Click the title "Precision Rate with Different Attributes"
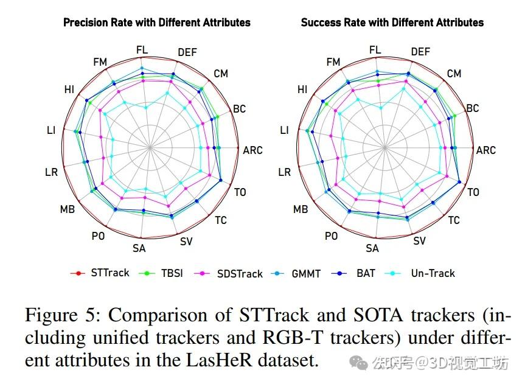[157, 23]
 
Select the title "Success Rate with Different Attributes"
[392, 23]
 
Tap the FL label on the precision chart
[142, 49]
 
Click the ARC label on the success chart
[485, 150]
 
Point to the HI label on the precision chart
[69, 89]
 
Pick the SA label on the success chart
[372, 248]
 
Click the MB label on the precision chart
[67, 209]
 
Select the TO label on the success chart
[473, 192]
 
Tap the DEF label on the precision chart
[187, 52]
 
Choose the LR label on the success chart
[284, 172]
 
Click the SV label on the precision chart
[186, 241]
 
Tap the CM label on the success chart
[454, 74]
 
